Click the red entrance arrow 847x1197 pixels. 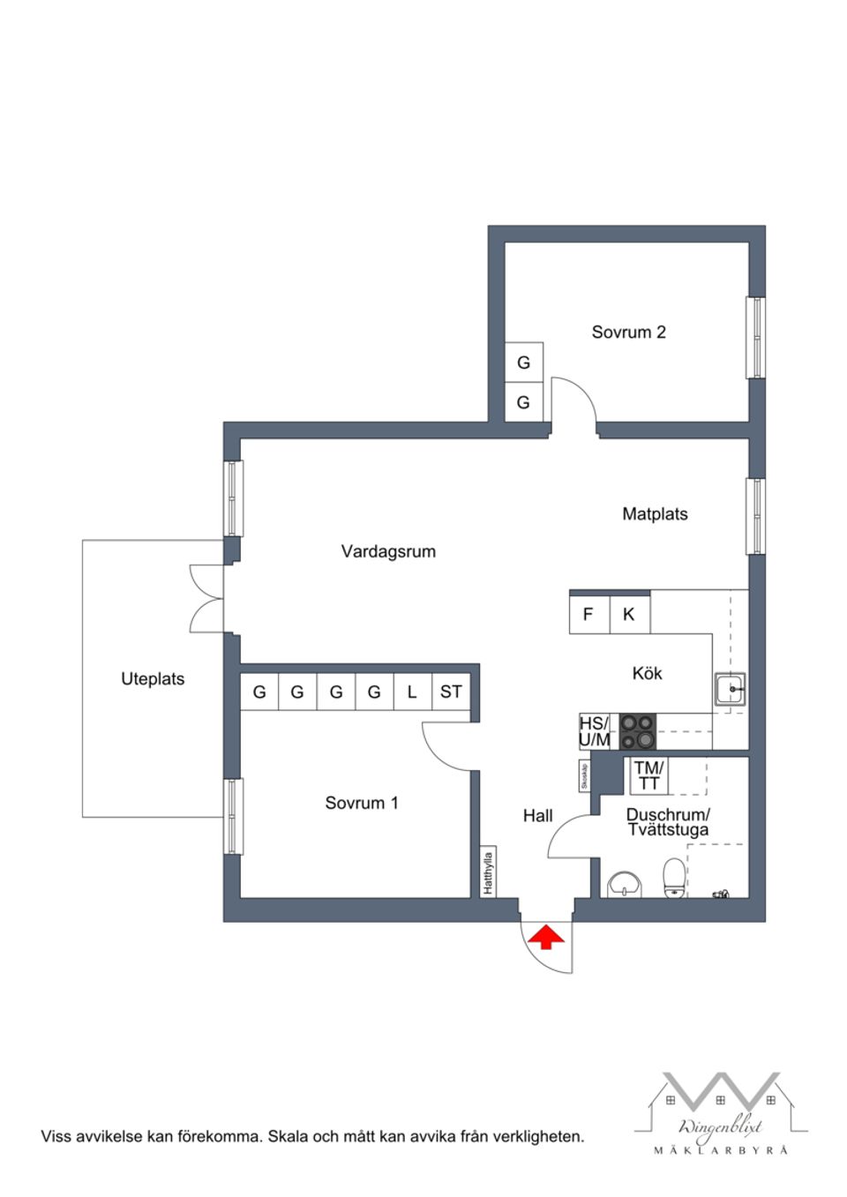coord(547,937)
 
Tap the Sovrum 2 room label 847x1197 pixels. coord(628,333)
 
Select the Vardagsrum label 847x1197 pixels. coord(388,552)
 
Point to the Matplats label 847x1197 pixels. coord(655,514)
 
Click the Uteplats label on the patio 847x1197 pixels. coord(153,679)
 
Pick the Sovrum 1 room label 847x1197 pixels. coord(361,804)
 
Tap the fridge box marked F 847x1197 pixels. coord(588,615)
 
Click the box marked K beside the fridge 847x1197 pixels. coord(629,615)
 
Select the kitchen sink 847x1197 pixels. coord(730,689)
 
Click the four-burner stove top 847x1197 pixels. coord(638,731)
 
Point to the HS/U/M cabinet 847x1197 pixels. coord(595,732)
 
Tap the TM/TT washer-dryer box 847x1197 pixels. coord(648,776)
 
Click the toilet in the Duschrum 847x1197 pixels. coord(674,878)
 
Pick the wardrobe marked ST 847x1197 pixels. coord(451,692)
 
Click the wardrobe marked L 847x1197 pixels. coord(412,692)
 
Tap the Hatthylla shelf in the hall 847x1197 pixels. coord(488,872)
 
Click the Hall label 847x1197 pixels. coord(537,816)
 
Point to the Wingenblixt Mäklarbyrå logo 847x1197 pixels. coord(721,1113)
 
